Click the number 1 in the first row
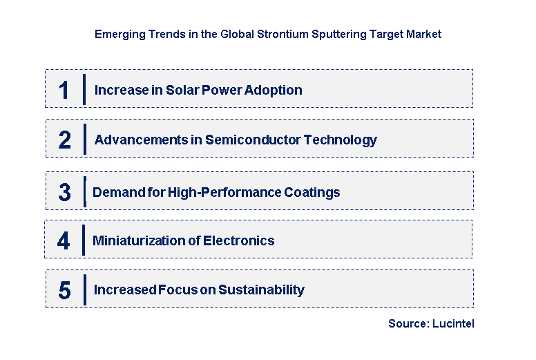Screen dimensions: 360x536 click(x=64, y=90)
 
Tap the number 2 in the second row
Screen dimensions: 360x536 click(x=65, y=140)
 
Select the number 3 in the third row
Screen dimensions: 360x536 click(x=64, y=192)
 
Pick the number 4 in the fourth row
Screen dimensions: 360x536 click(x=64, y=240)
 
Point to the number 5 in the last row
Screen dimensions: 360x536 click(x=64, y=290)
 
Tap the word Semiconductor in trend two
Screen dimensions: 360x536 click(x=258, y=140)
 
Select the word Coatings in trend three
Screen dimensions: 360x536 click(x=312, y=192)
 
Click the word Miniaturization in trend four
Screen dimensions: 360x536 click(x=135, y=240)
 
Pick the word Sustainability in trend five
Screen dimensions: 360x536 click(x=261, y=290)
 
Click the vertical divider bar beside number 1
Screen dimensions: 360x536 click(x=84, y=90)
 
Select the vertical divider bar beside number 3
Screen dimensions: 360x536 click(x=84, y=191)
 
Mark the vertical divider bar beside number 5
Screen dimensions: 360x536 click(x=84, y=290)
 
